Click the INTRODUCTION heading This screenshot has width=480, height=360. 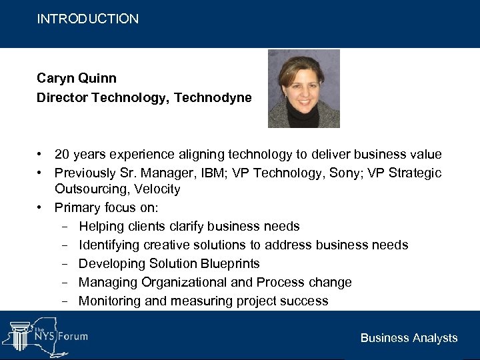[x=88, y=19]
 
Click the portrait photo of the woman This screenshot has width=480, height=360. [x=304, y=89]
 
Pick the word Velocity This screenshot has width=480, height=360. [x=155, y=189]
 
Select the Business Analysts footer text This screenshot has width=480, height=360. [x=409, y=338]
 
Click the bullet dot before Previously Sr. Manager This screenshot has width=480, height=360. [x=40, y=173]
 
